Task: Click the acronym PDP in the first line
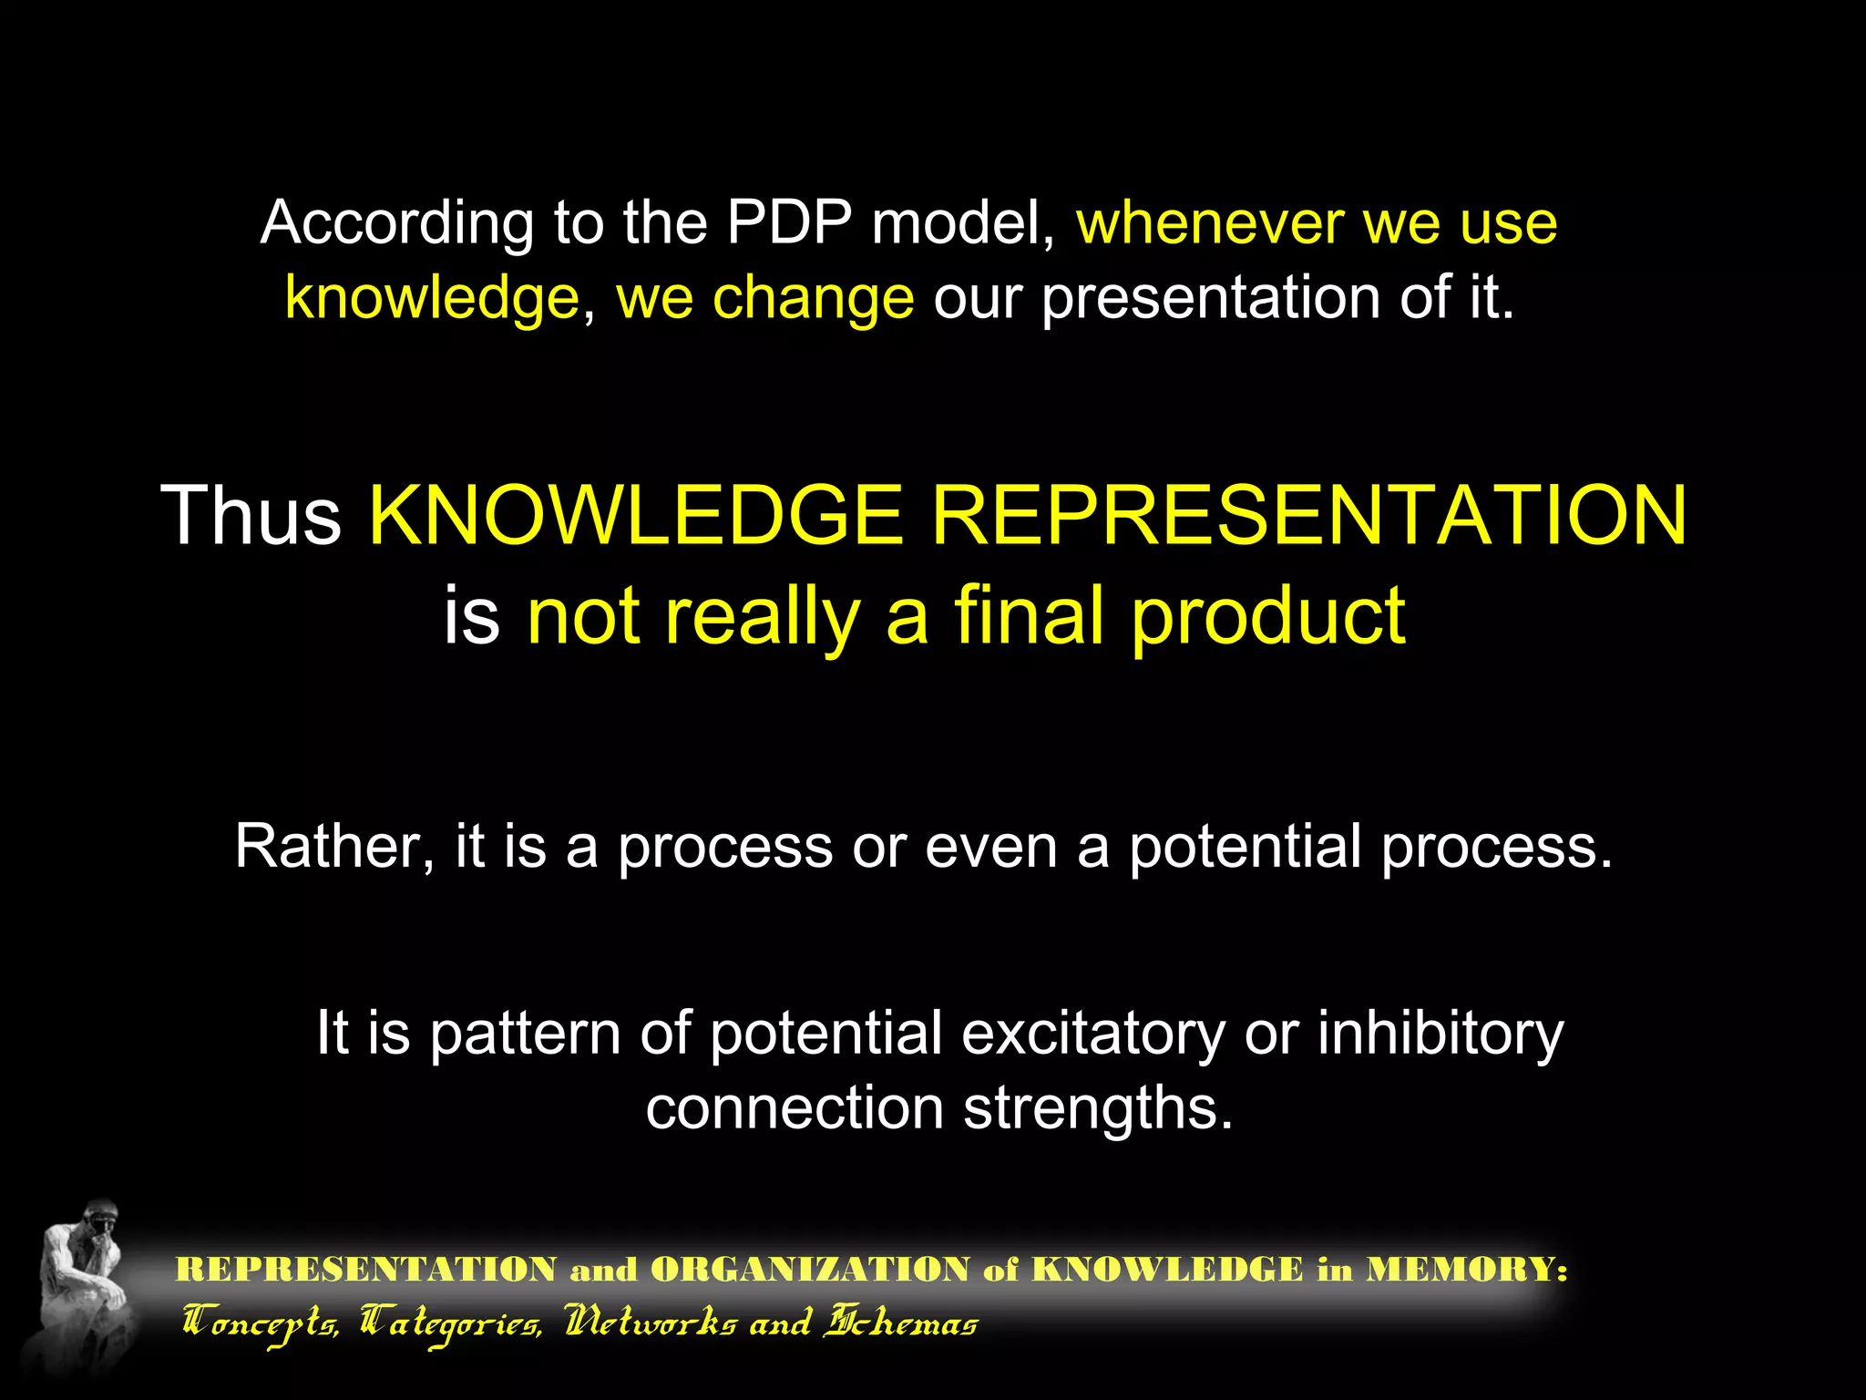coord(789,223)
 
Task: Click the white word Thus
coord(251,516)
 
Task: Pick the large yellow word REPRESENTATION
coord(1309,516)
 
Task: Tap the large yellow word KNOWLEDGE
coord(636,516)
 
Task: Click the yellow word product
coord(1268,618)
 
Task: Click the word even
coord(990,847)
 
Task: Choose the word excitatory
coord(1092,1035)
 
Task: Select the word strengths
coord(1098,1109)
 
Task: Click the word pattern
coord(525,1035)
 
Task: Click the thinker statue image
coord(82,1285)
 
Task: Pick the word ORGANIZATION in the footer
coord(811,1270)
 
